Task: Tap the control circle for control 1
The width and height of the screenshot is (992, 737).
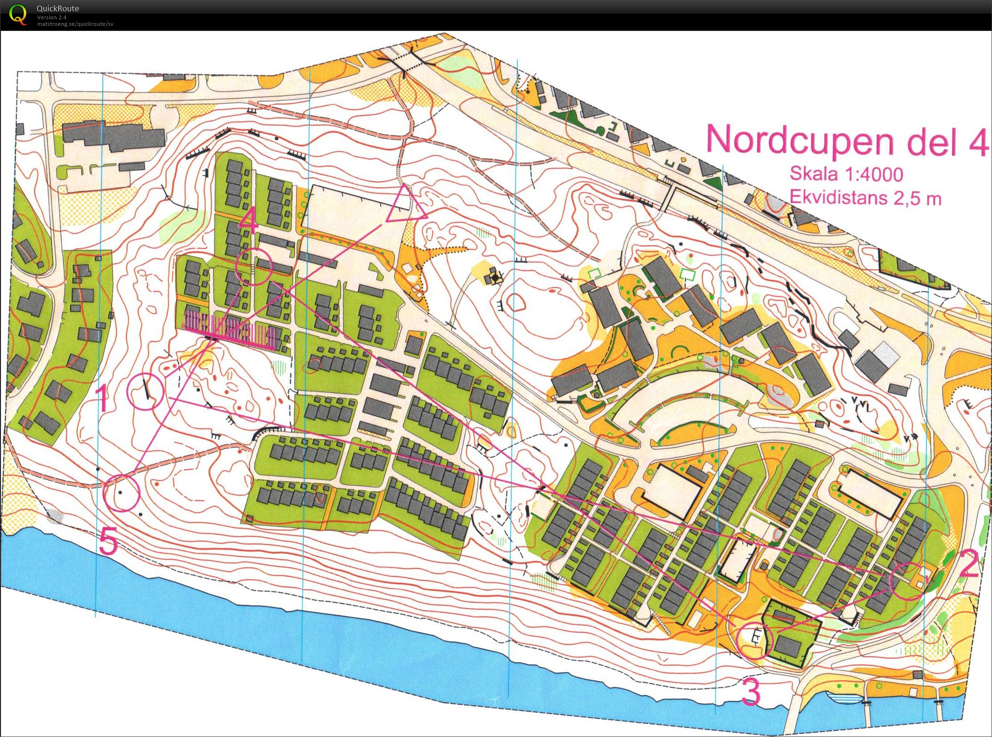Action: [x=145, y=391]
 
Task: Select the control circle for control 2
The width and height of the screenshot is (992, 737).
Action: [x=907, y=582]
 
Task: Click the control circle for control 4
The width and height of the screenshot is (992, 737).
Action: [x=254, y=266]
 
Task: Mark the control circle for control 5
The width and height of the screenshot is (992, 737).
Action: [x=122, y=492]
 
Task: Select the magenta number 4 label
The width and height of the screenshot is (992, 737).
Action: [x=249, y=221]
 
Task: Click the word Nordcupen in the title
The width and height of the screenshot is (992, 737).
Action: [x=799, y=140]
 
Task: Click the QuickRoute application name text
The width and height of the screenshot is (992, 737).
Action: [x=58, y=8]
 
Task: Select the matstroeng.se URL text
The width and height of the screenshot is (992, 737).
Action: [x=75, y=24]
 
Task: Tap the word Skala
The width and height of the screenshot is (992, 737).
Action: [x=813, y=173]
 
